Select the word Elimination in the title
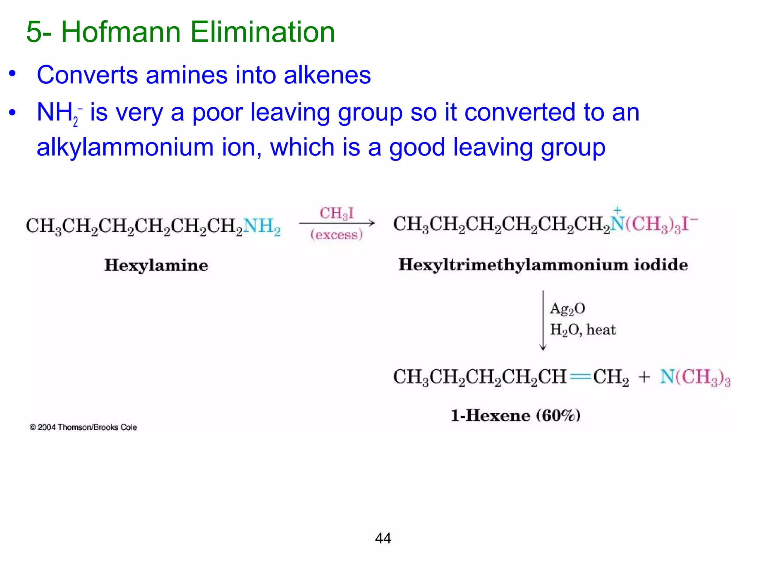262,32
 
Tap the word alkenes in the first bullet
327,75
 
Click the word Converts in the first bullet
87,75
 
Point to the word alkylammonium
125,147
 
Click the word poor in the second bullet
217,112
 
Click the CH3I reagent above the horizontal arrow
336,214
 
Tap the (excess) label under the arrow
336,235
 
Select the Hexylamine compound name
156,265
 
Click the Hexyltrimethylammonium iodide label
543,265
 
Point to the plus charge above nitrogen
618,210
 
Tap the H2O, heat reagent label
583,330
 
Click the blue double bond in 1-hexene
580,376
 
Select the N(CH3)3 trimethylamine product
695,377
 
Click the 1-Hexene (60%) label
515,415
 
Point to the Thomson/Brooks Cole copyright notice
84,427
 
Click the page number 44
383,538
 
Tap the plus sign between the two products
644,377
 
